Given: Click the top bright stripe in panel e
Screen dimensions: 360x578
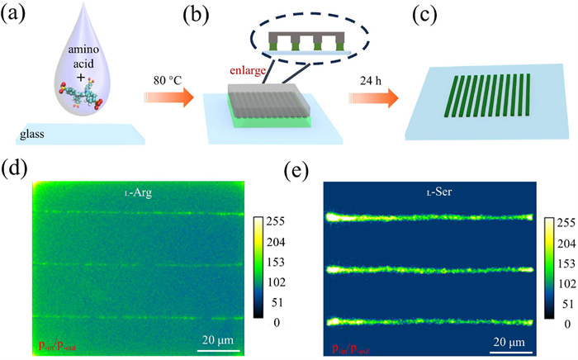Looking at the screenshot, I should (x=429, y=218).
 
